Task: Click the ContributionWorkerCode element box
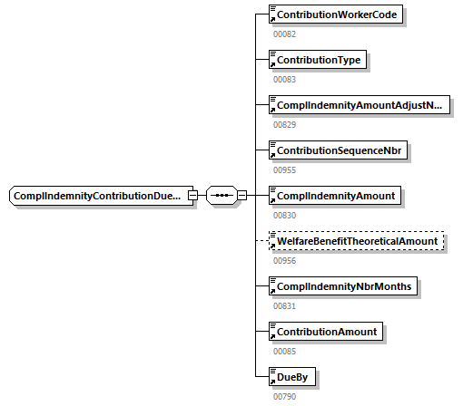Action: pos(337,15)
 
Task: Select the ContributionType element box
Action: pos(318,61)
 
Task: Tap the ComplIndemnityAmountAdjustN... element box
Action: pos(360,105)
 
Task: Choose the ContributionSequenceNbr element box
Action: pos(339,150)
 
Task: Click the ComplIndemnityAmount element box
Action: pos(334,196)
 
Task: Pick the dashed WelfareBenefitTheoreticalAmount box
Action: pos(358,241)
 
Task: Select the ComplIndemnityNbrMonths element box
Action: pos(342,286)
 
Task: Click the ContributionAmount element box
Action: pos(325,332)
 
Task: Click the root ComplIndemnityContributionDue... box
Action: pos(99,196)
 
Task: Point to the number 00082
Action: pos(285,34)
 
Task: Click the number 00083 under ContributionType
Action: pos(285,80)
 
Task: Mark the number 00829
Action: pos(285,125)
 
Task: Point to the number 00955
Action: pos(285,170)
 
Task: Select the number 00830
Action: pos(285,216)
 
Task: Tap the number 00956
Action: pos(285,261)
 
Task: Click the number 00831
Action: pos(285,306)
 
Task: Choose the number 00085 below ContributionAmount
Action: pos(285,352)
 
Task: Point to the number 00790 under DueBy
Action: pos(285,397)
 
